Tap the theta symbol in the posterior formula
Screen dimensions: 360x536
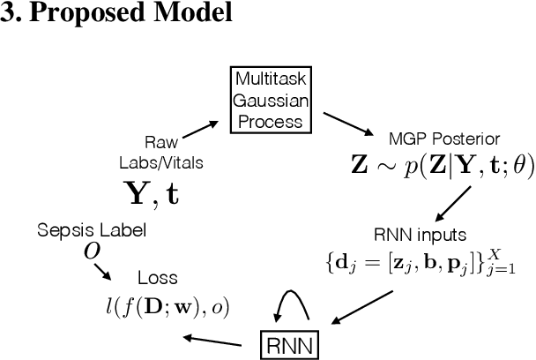(x=516, y=168)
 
